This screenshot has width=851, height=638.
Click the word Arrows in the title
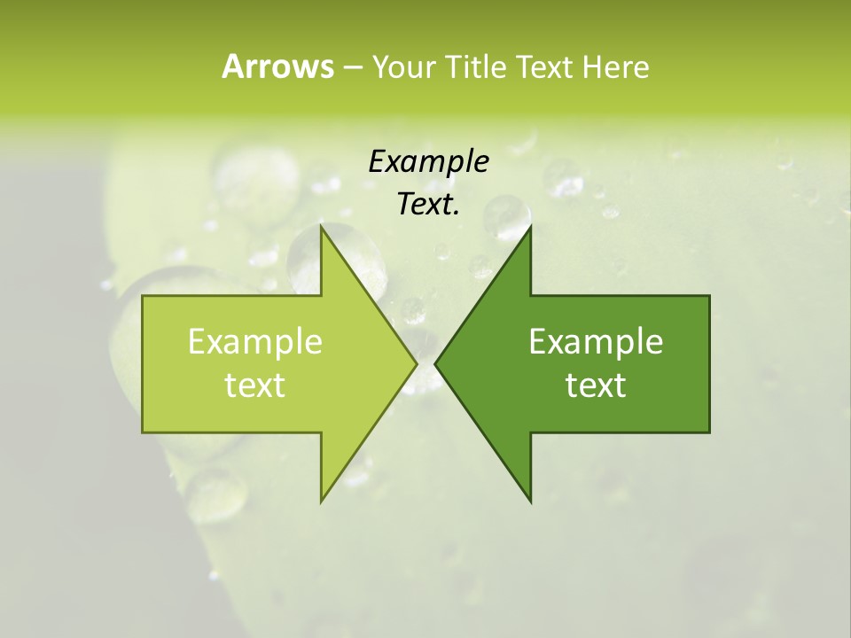(277, 66)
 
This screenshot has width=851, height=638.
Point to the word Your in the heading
(402, 66)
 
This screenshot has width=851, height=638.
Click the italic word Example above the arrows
(428, 161)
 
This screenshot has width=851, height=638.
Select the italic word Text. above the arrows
(428, 205)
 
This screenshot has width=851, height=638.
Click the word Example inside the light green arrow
(254, 341)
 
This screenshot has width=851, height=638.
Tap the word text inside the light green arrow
(254, 385)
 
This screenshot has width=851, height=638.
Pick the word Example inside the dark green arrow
(596, 341)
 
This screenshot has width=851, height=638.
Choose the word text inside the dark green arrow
(596, 385)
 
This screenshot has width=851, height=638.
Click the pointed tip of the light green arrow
(418, 363)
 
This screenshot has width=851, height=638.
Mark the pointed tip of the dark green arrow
(434, 363)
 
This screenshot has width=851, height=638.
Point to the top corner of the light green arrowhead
(321, 225)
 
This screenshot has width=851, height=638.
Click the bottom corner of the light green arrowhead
(321, 502)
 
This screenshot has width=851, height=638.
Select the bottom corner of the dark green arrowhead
(531, 502)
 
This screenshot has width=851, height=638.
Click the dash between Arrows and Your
(352, 67)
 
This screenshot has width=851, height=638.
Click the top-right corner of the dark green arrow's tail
(709, 295)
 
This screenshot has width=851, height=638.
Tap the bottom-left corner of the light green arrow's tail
(142, 432)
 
